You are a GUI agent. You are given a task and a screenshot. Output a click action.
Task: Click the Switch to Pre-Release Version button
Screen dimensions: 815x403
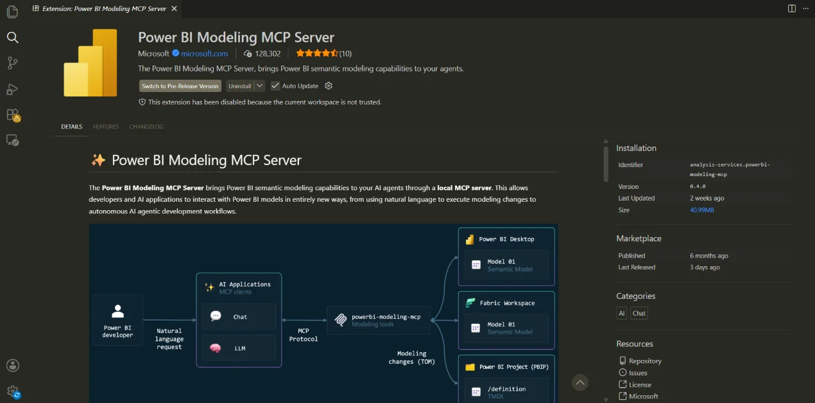(x=180, y=86)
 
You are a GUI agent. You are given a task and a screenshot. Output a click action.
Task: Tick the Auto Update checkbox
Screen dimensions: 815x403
(x=275, y=85)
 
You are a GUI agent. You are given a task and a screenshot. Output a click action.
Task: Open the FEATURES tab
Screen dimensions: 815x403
(x=106, y=127)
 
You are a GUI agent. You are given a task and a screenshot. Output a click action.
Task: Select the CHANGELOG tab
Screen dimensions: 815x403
(x=146, y=127)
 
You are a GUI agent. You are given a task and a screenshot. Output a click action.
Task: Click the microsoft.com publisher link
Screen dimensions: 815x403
(x=204, y=53)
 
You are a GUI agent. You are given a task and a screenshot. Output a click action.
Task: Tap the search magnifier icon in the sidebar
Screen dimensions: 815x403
(x=12, y=37)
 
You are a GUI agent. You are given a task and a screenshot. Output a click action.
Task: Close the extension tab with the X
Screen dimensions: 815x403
(x=175, y=8)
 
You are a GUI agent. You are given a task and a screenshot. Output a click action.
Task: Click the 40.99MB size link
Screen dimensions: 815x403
(x=701, y=210)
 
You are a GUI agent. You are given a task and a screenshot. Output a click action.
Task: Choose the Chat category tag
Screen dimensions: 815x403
(x=639, y=313)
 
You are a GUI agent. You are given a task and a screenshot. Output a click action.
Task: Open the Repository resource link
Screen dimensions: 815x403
(x=645, y=361)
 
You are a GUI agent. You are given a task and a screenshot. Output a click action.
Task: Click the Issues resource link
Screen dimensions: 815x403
(x=638, y=373)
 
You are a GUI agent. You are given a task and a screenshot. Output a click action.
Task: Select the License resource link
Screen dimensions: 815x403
(x=640, y=385)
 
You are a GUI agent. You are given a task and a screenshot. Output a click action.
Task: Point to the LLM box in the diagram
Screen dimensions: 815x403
(x=239, y=348)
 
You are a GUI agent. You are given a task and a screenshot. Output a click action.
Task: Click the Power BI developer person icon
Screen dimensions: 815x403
(x=117, y=311)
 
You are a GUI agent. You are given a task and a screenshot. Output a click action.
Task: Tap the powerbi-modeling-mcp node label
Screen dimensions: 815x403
(x=386, y=317)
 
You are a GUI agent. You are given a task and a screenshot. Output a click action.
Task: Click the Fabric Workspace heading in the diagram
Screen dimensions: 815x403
(x=507, y=303)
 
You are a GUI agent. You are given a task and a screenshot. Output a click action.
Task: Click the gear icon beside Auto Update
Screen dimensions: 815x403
(x=329, y=85)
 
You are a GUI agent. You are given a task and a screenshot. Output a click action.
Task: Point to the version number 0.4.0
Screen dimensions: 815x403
(x=698, y=186)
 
